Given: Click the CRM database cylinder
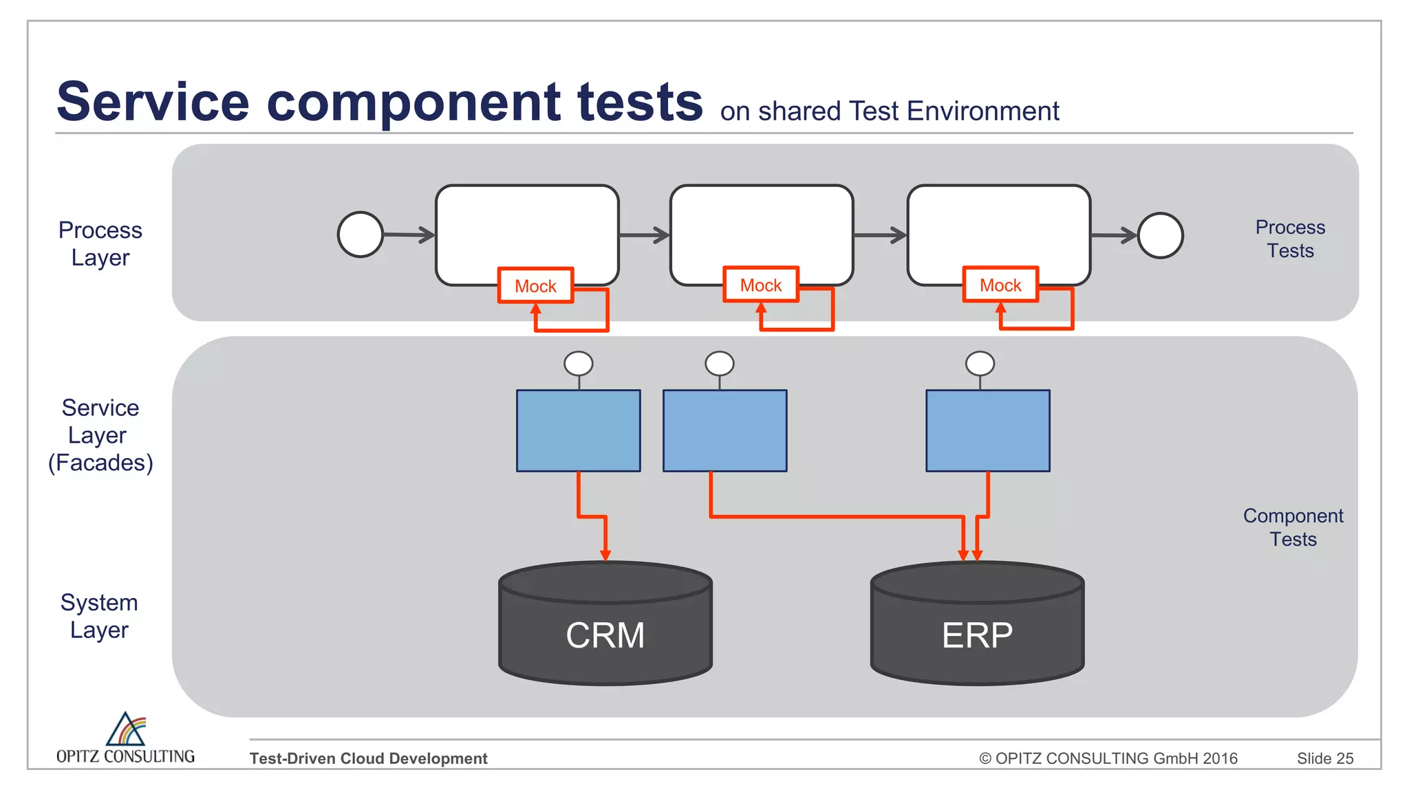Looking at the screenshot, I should tap(605, 626).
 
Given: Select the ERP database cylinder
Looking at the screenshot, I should tap(977, 626).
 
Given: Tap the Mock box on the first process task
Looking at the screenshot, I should tap(536, 285).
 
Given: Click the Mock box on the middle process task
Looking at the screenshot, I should tap(761, 285).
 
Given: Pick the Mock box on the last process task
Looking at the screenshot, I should tap(1000, 285).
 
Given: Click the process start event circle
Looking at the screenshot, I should tap(361, 234).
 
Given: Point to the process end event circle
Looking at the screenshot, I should tap(1160, 235).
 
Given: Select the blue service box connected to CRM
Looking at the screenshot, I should tap(579, 430).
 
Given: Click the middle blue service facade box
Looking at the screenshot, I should tap(724, 430).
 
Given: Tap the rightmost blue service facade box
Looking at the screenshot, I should tap(988, 430).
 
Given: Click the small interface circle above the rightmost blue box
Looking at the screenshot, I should tap(980, 363).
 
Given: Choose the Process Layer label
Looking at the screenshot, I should tap(100, 243).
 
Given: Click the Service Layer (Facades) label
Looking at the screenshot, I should tap(100, 435).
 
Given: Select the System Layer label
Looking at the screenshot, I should tap(100, 616).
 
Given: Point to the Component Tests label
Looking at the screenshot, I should tap(1293, 527).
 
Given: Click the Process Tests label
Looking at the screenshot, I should tap(1290, 239).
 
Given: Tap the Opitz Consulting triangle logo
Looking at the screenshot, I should tap(126, 729).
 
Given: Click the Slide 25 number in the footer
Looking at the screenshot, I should tap(1324, 758).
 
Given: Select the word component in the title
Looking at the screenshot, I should tap(413, 102).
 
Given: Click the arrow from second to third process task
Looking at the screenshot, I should tap(880, 235).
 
